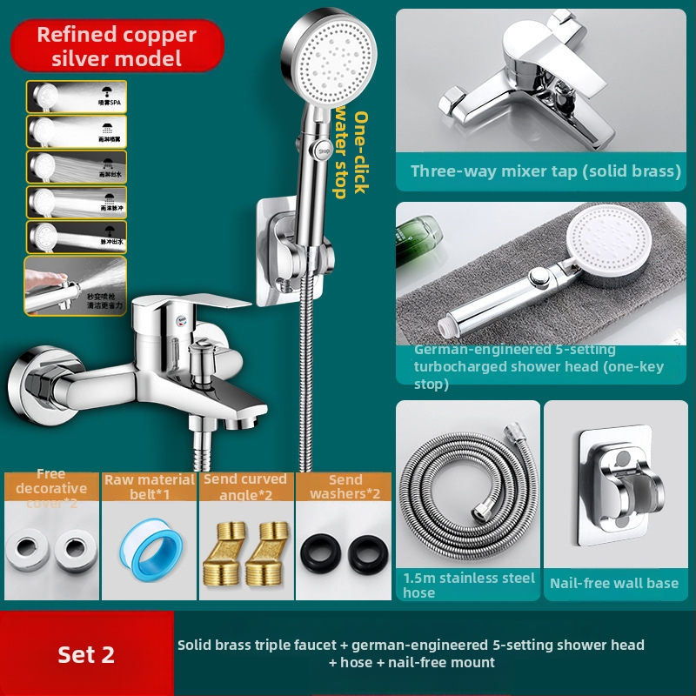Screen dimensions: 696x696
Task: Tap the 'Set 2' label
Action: pos(86,654)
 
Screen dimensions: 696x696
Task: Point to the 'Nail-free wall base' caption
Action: pos(614,583)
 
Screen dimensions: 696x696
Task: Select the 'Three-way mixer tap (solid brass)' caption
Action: pos(545,171)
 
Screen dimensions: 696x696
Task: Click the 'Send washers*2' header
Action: pos(345,486)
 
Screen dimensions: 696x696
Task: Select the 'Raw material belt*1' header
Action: pos(150,486)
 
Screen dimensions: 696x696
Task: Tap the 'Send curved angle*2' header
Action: pos(245,486)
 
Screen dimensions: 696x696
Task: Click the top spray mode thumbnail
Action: pos(77,96)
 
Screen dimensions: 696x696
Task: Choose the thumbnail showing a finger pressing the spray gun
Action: pos(76,285)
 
